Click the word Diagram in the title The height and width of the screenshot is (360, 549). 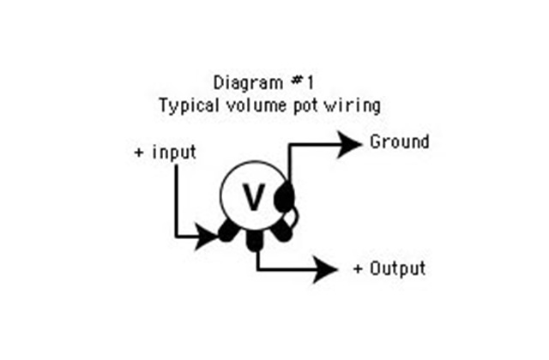tap(244, 83)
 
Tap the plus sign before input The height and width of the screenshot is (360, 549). tap(139, 153)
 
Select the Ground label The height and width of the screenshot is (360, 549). tap(399, 141)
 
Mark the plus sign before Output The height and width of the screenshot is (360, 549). tap(359, 269)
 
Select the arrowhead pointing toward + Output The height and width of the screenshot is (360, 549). tap(324, 269)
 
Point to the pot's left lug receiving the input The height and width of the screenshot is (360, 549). tap(229, 231)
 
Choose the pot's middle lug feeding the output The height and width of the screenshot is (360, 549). tap(255, 242)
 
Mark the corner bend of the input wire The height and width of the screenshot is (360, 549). tap(176, 234)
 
